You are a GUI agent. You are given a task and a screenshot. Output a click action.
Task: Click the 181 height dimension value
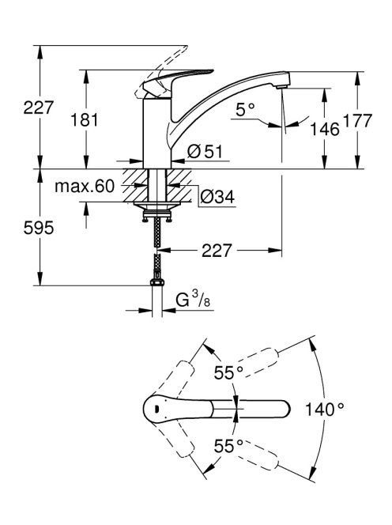(85, 120)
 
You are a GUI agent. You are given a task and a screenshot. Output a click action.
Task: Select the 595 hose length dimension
(39, 228)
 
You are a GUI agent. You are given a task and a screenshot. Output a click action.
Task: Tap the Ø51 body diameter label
(205, 152)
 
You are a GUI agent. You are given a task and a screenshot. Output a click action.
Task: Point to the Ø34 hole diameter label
(217, 197)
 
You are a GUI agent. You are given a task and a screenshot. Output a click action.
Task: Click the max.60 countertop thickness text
(85, 186)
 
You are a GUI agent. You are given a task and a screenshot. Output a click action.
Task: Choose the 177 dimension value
(358, 120)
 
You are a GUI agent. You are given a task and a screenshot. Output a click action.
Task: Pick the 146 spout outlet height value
(325, 129)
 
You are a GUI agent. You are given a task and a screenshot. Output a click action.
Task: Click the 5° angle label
(245, 109)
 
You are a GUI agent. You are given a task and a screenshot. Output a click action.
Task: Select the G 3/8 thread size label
(193, 299)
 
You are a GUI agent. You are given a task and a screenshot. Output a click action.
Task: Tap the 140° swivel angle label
(324, 409)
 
